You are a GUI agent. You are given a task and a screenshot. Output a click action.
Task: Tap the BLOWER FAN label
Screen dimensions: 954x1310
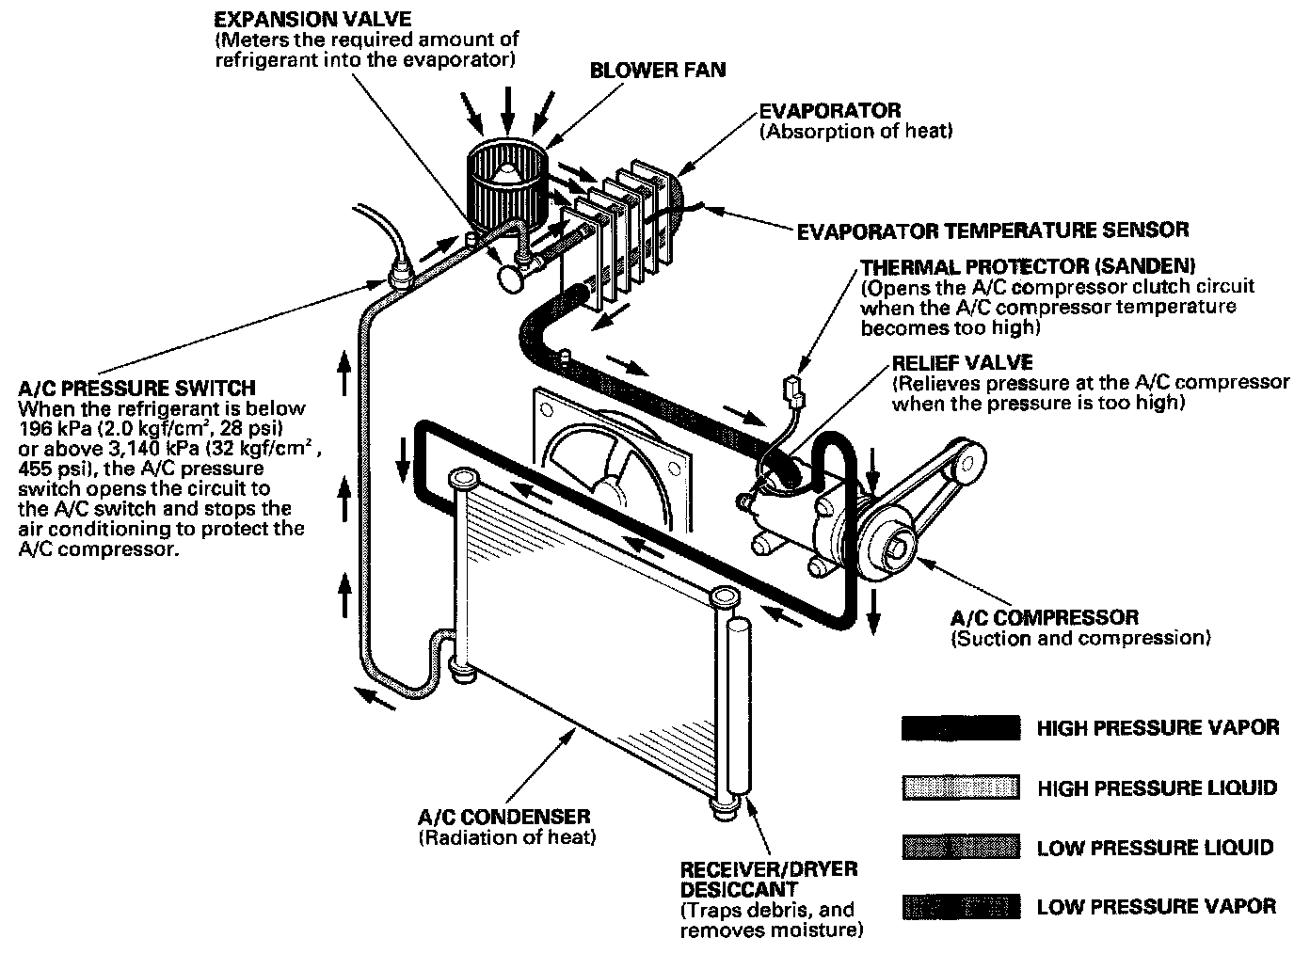[x=658, y=71]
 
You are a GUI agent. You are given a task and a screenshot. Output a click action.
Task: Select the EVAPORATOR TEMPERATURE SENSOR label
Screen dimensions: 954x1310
[x=992, y=230]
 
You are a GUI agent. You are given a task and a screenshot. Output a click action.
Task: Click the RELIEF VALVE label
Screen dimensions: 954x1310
[x=962, y=363]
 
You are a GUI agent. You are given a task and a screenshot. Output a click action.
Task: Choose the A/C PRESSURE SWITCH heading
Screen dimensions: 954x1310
[x=136, y=388]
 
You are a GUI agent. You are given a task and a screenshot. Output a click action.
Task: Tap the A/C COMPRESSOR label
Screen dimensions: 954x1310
[x=1045, y=618]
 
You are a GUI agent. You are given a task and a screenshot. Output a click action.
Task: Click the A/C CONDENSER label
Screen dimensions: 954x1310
[x=503, y=817]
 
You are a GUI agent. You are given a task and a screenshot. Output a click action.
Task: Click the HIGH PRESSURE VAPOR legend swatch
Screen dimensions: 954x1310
[x=960, y=728]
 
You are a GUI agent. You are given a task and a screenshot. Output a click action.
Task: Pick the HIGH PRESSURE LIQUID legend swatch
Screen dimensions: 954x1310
[x=960, y=788]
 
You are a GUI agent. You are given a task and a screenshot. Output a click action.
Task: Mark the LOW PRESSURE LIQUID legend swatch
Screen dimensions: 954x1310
[x=960, y=847]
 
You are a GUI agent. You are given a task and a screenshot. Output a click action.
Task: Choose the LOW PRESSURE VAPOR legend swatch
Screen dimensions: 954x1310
[x=960, y=907]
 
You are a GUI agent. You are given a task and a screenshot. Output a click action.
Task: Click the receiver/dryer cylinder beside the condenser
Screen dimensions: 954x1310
[x=740, y=706]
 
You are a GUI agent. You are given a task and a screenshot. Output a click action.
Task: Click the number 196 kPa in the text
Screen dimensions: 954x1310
[x=52, y=429]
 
